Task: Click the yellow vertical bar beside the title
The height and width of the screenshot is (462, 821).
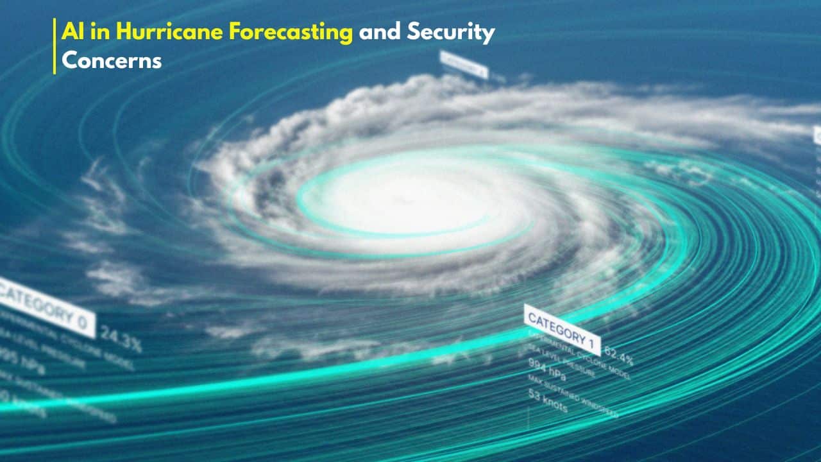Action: pyautogui.click(x=55, y=46)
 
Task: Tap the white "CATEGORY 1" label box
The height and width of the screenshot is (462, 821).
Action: pyautogui.click(x=563, y=329)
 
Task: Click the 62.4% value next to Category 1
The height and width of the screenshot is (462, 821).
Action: pyautogui.click(x=619, y=355)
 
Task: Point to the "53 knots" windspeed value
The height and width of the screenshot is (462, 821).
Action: pyautogui.click(x=548, y=400)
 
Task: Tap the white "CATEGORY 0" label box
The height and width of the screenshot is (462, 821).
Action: pyautogui.click(x=45, y=307)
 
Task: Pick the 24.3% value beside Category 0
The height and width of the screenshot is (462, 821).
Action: pyautogui.click(x=121, y=339)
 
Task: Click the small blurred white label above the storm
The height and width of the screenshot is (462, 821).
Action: pyautogui.click(x=463, y=64)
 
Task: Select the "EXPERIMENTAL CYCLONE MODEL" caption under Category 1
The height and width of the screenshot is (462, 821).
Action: pyautogui.click(x=577, y=355)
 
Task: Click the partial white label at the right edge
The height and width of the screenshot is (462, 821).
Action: pyautogui.click(x=817, y=135)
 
